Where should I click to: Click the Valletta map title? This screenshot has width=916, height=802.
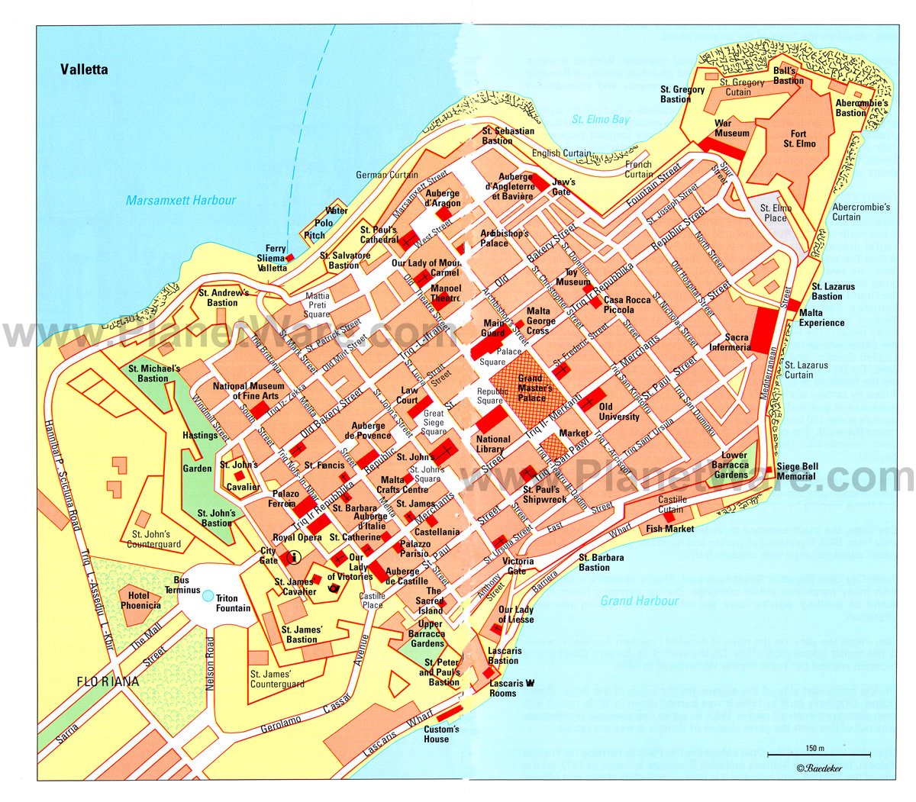[85, 70]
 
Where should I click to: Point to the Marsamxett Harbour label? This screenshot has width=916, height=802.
[181, 201]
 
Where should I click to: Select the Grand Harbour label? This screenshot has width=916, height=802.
[639, 601]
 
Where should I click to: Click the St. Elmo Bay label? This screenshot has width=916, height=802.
[601, 120]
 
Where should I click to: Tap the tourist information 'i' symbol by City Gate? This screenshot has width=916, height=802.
[291, 558]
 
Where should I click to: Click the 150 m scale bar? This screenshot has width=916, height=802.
[818, 755]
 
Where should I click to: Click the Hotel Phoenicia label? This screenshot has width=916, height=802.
[140, 600]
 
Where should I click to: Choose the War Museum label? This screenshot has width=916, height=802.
[731, 128]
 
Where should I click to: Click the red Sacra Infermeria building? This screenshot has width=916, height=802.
[761, 330]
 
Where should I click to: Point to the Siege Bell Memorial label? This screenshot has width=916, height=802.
[798, 471]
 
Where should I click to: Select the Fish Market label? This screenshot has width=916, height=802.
[670, 528]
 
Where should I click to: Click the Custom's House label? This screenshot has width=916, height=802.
[441, 733]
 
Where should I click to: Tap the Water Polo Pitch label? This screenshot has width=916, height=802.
[336, 223]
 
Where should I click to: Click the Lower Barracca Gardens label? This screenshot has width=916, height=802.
[730, 465]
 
